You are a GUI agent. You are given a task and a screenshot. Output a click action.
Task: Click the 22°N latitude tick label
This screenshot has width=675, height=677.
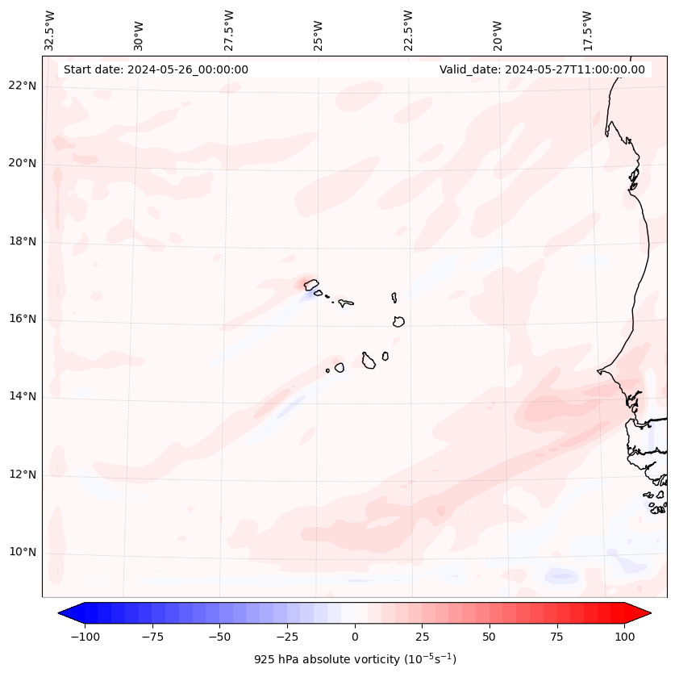[x=22, y=86]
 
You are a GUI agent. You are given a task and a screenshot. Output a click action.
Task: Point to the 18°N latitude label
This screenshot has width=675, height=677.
[x=22, y=241]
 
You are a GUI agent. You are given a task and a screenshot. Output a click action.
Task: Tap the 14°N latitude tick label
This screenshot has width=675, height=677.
[x=22, y=396]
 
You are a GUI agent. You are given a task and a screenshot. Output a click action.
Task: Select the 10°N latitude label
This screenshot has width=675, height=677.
[x=22, y=552]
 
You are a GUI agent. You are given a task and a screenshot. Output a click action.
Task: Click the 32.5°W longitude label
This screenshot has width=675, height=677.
[x=50, y=30]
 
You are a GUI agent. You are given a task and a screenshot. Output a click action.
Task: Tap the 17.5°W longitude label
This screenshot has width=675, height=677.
[x=587, y=30]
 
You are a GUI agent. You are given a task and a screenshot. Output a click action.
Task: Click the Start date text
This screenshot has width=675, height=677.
[x=156, y=69]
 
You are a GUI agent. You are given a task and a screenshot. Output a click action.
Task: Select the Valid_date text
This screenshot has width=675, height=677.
[x=542, y=69]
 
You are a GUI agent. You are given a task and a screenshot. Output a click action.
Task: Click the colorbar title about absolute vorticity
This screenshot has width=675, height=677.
[x=355, y=659]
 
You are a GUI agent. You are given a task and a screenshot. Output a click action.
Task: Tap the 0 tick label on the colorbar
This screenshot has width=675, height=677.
[x=355, y=637]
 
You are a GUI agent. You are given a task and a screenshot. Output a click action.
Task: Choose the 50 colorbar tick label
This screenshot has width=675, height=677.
[x=489, y=637]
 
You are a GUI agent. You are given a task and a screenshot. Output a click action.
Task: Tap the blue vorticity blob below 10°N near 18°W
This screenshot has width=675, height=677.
[x=560, y=576]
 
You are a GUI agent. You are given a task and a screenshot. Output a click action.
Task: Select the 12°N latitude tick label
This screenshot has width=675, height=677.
[x=22, y=474]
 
